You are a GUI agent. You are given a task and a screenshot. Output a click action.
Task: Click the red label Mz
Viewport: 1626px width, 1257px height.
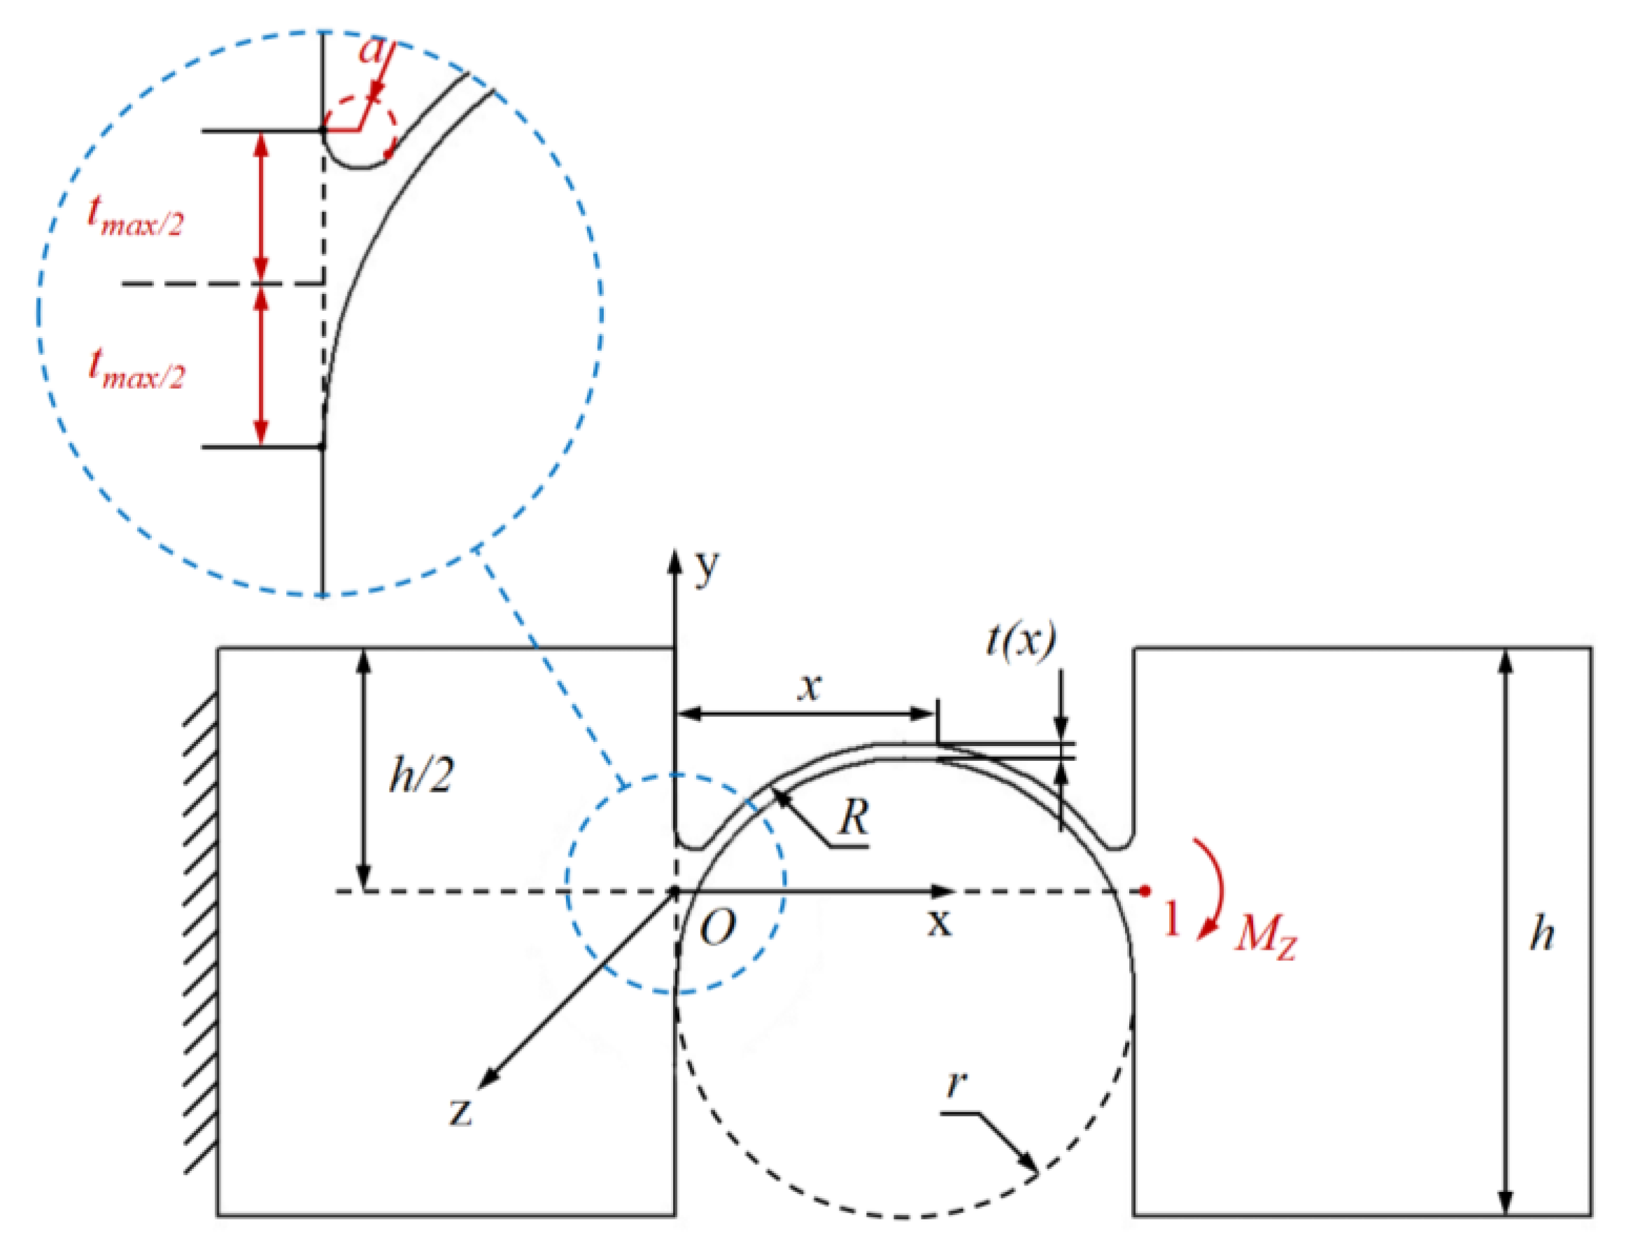1266,934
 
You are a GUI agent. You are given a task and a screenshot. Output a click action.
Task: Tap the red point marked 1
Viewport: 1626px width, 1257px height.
1146,891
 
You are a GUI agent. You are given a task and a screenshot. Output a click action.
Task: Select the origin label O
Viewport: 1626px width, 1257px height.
718,929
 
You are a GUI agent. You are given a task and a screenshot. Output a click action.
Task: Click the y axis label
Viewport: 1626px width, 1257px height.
707,568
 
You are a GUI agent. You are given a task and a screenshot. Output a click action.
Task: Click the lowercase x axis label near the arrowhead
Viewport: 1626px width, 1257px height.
940,922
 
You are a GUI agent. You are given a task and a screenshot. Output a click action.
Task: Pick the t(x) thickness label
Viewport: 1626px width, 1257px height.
1021,640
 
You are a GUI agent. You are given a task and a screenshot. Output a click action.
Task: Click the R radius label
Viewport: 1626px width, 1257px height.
853,818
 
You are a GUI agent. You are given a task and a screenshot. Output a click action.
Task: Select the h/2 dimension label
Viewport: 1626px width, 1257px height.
421,775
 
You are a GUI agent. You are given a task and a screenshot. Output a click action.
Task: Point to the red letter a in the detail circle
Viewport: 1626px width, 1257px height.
370,50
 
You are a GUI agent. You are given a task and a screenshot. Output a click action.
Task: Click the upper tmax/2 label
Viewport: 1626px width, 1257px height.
135,216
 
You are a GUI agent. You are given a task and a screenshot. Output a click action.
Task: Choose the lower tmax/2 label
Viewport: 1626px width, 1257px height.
136,370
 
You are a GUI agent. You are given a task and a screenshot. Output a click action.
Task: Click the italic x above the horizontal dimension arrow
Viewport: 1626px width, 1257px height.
810,686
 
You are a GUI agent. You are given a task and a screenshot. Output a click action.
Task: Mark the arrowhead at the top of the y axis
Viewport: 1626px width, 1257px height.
674,560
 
